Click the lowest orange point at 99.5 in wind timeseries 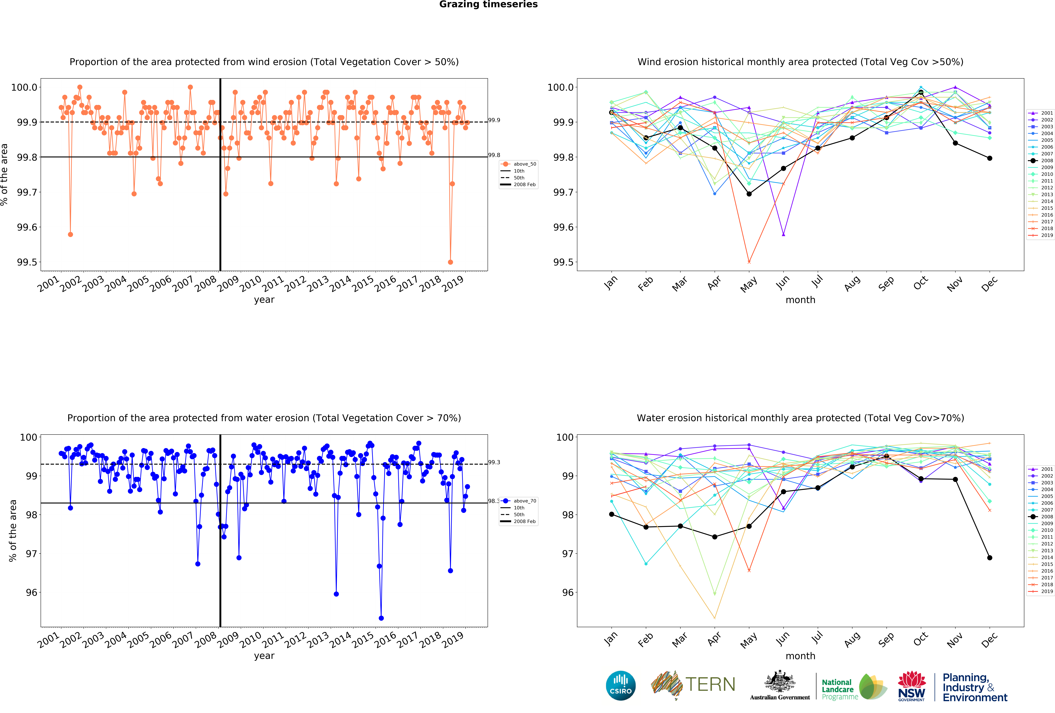[x=450, y=262]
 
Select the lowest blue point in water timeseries [x=381, y=618]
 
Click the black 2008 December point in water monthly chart [x=990, y=558]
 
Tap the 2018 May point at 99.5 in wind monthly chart [x=749, y=262]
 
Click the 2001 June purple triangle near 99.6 [x=784, y=234]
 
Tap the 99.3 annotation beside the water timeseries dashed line [x=494, y=462]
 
